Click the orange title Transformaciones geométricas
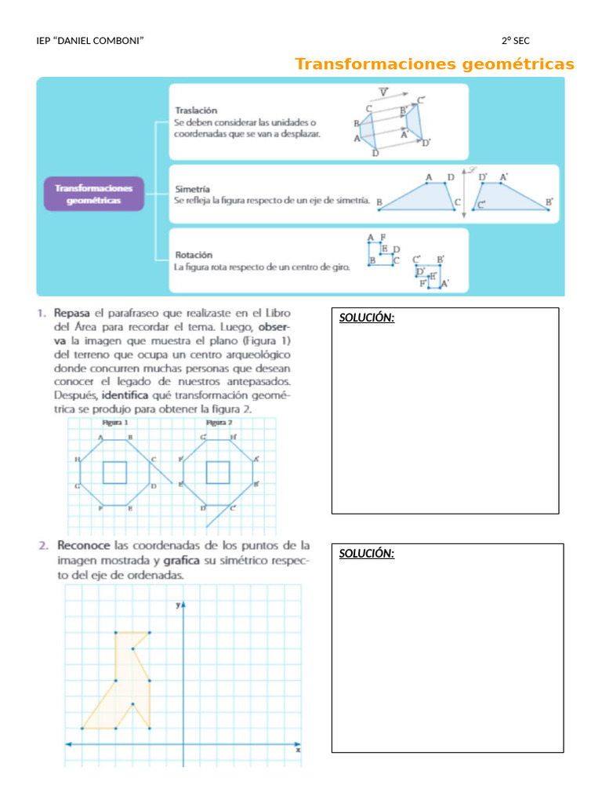pyautogui.click(x=434, y=64)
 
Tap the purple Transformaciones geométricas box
pyautogui.click(x=94, y=194)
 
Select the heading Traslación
pyautogui.click(x=196, y=111)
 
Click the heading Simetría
pyautogui.click(x=192, y=188)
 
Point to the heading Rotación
pyautogui.click(x=193, y=254)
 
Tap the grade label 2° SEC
pyautogui.click(x=516, y=41)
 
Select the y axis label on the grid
pyautogui.click(x=178, y=605)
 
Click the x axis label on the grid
pyautogui.click(x=298, y=750)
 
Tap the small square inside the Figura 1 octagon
pyautogui.click(x=115, y=473)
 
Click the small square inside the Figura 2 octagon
pyautogui.click(x=217, y=473)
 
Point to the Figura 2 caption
pyautogui.click(x=219, y=422)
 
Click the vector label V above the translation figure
pyautogui.click(x=383, y=93)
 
